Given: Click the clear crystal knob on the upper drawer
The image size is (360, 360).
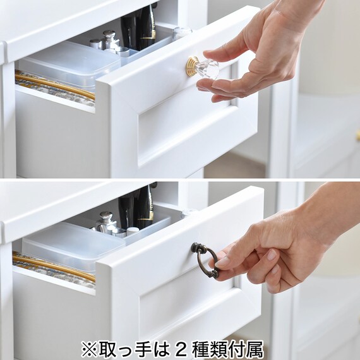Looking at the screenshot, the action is pos(207,68).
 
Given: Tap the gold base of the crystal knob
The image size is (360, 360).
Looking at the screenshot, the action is pos(191,66).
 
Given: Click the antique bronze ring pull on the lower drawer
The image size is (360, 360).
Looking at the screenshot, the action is pos(205,260).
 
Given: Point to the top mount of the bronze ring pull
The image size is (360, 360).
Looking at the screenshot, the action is pos(197,247).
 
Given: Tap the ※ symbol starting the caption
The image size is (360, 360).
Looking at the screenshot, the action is pos(88,350).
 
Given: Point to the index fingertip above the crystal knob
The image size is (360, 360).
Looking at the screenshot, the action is pos(206,54).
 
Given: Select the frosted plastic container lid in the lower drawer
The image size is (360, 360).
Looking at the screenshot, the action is pos(73,241).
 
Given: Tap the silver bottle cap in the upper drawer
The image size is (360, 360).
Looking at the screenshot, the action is pos(109,34).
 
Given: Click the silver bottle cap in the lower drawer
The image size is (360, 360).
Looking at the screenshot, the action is pos(106,216).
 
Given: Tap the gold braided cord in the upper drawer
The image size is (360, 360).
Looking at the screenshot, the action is pos(55,85).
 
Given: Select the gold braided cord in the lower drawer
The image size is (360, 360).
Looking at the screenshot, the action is pos(54,267).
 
